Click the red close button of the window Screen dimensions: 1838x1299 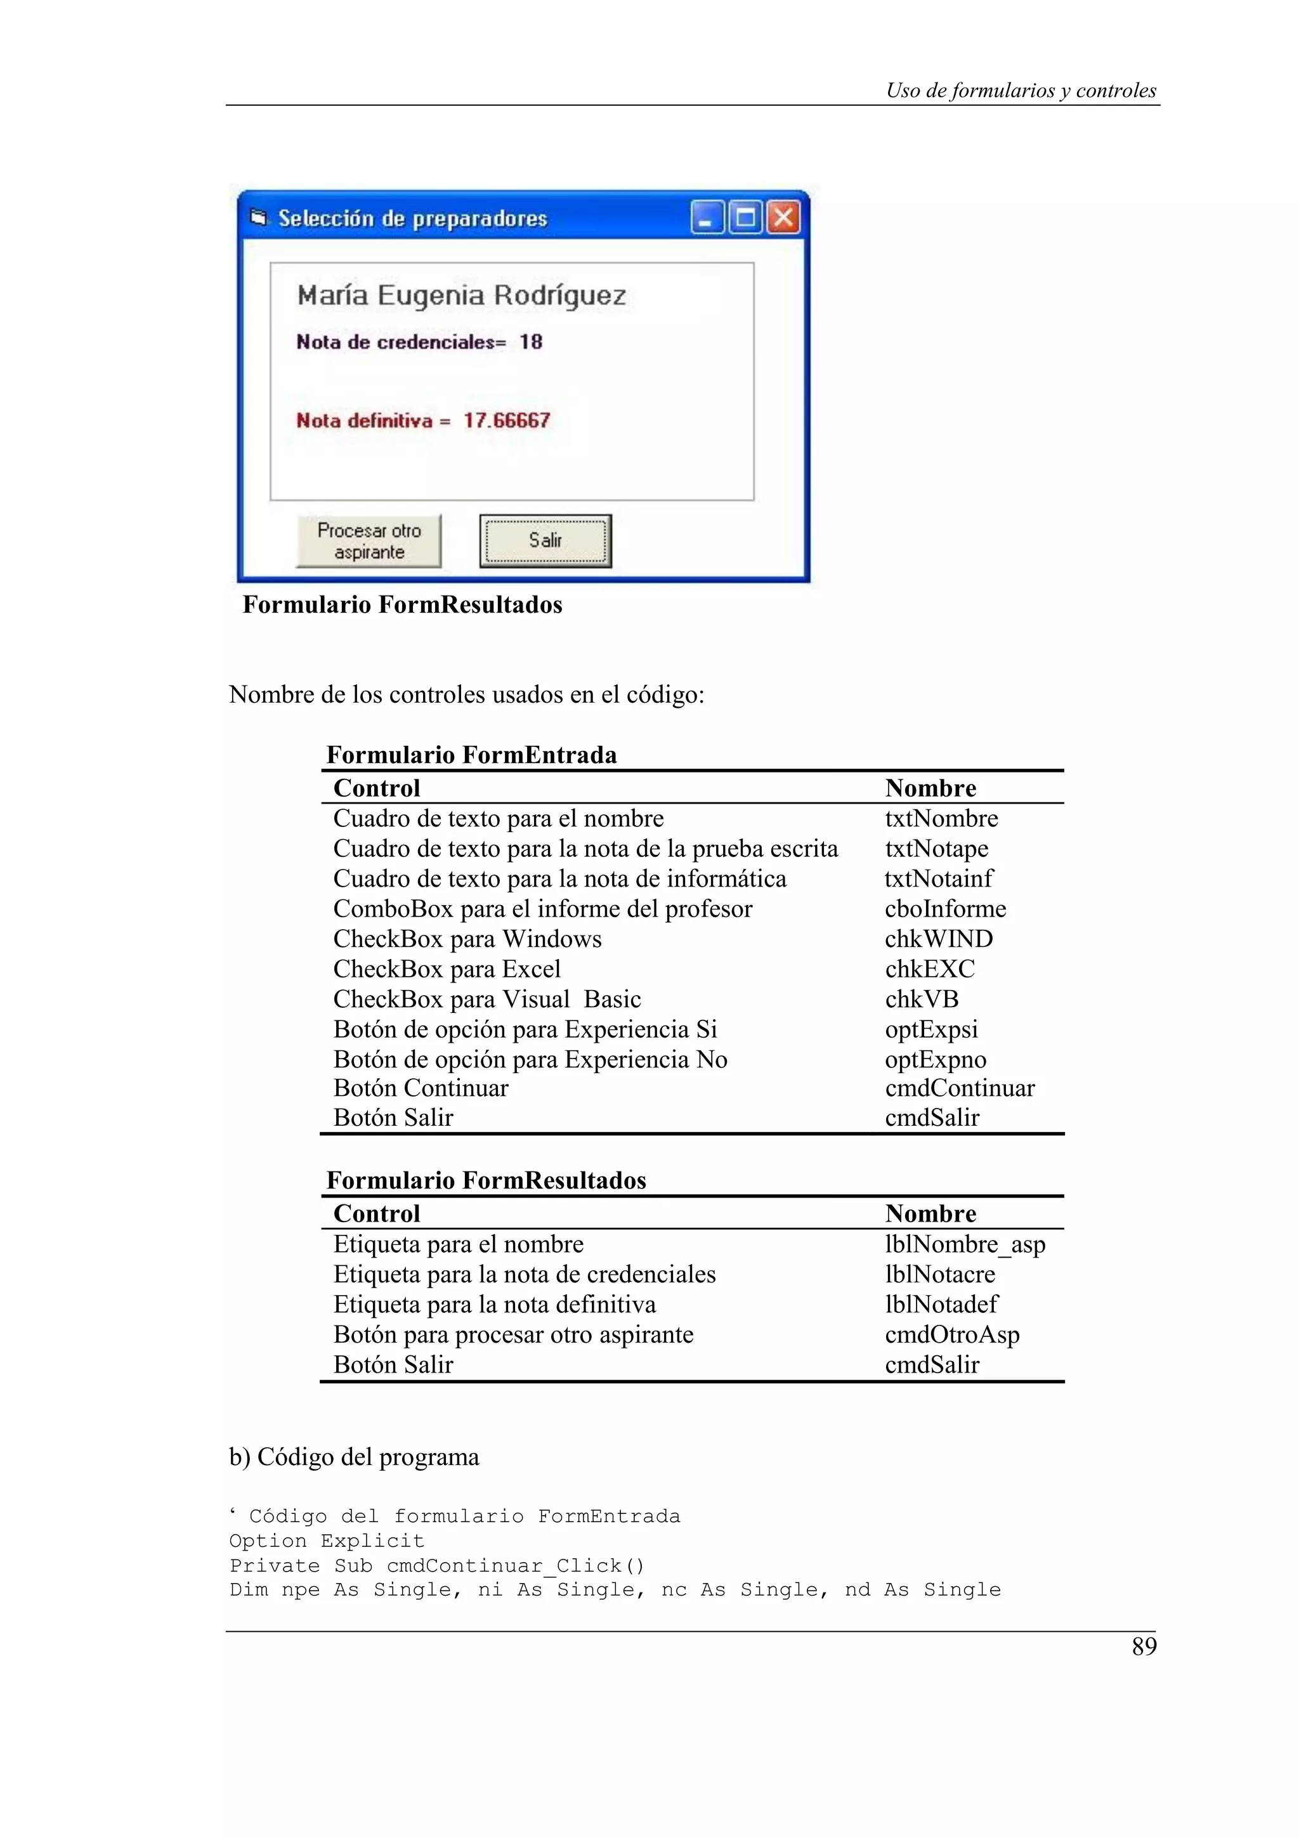[x=783, y=218]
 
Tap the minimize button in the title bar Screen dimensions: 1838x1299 [x=707, y=218]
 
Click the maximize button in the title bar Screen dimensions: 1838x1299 [x=745, y=218]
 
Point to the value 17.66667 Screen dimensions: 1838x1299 [x=507, y=420]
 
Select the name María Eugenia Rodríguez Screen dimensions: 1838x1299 [x=461, y=296]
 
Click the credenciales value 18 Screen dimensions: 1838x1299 [x=531, y=342]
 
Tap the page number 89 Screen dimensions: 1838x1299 [x=1144, y=1646]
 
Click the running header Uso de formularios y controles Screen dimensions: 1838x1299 [x=1021, y=91]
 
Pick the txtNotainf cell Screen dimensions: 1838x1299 [x=938, y=879]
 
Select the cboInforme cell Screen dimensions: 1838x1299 [x=945, y=909]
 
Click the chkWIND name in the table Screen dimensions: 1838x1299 [x=938, y=939]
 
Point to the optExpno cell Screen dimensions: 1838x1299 [x=935, y=1059]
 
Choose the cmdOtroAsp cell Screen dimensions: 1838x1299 [x=951, y=1334]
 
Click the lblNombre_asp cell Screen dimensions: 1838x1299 [x=965, y=1244]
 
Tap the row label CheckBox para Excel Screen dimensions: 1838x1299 [x=447, y=970]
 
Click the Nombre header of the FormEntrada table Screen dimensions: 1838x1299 [x=930, y=788]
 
